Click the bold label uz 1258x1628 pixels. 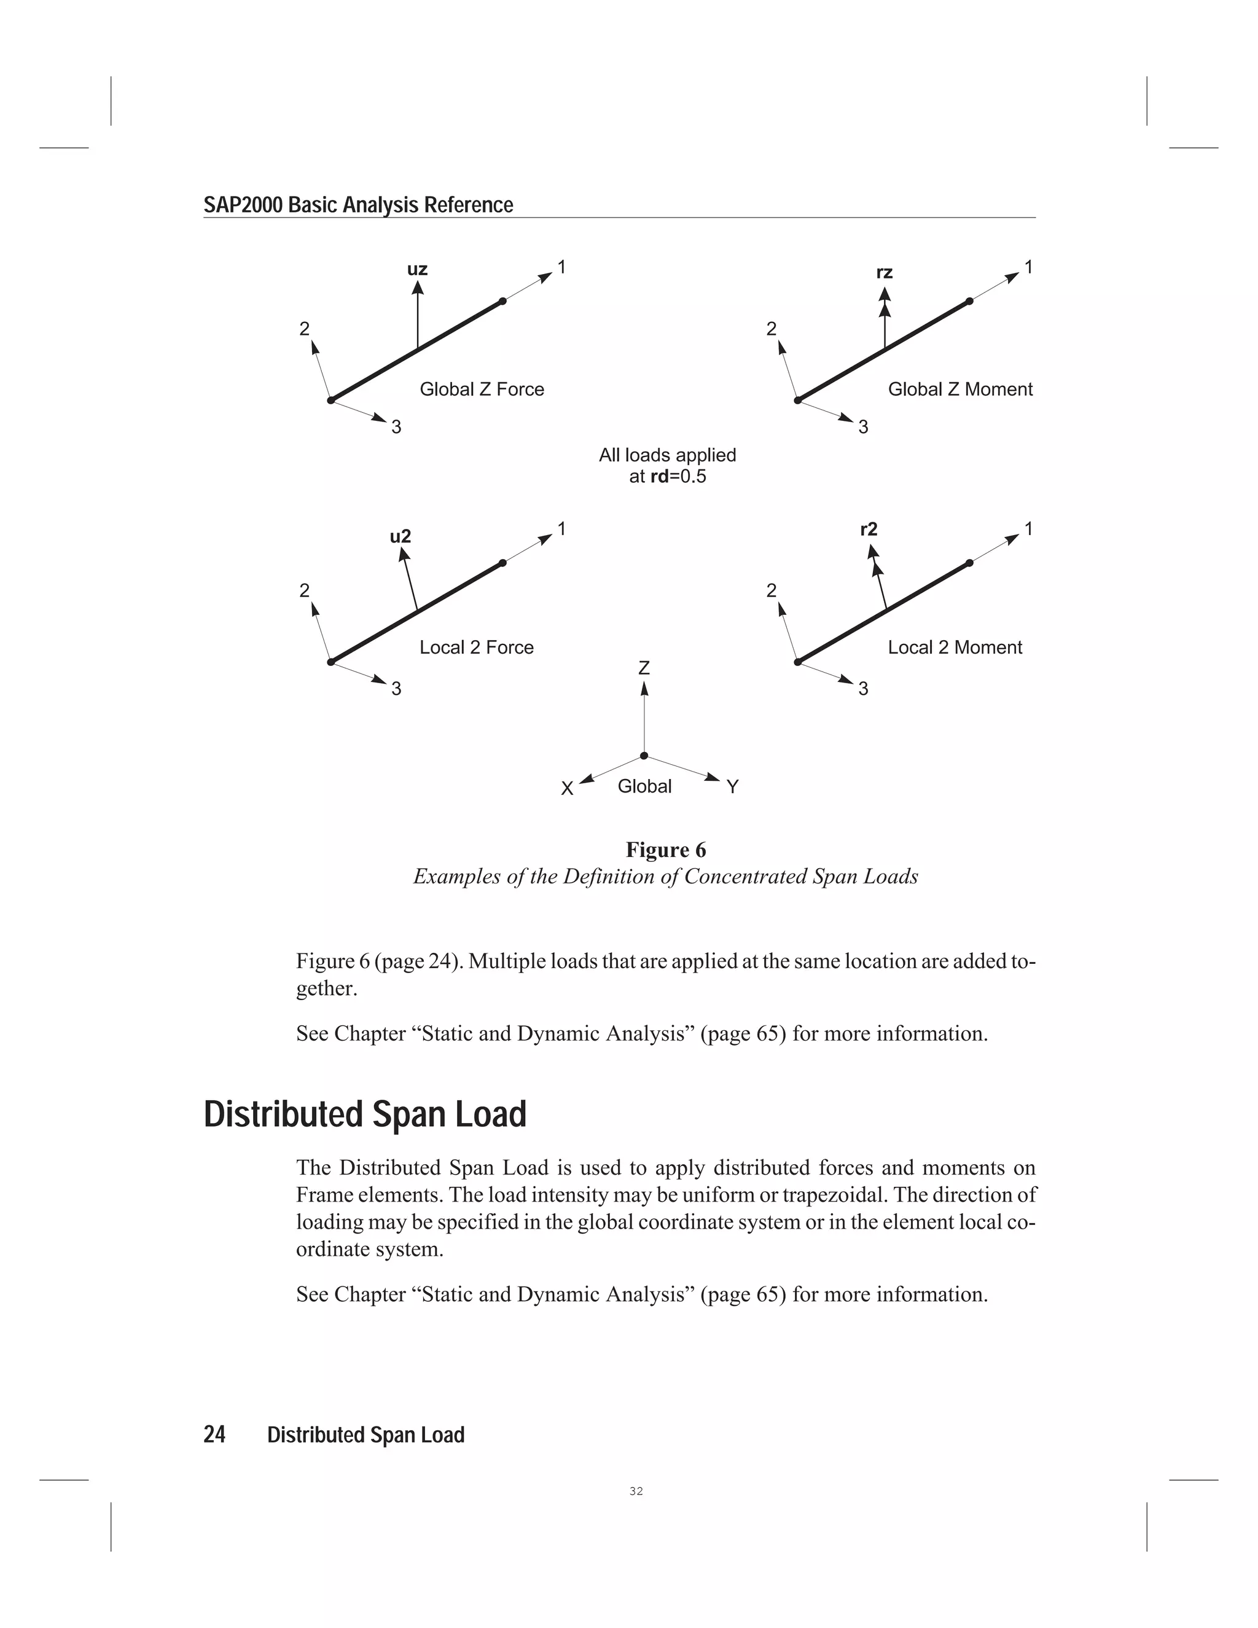417,269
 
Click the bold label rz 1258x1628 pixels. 884,273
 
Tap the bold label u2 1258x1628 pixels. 400,537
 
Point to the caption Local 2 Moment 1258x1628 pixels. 955,647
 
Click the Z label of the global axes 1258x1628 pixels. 644,668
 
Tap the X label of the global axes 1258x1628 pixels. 567,789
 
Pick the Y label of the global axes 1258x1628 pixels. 733,787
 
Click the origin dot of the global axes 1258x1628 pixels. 644,756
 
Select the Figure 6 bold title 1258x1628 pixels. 665,850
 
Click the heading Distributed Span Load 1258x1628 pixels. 365,1114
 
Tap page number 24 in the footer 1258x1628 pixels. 214,1435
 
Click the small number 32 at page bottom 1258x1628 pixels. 636,1491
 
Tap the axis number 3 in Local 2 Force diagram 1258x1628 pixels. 396,689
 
